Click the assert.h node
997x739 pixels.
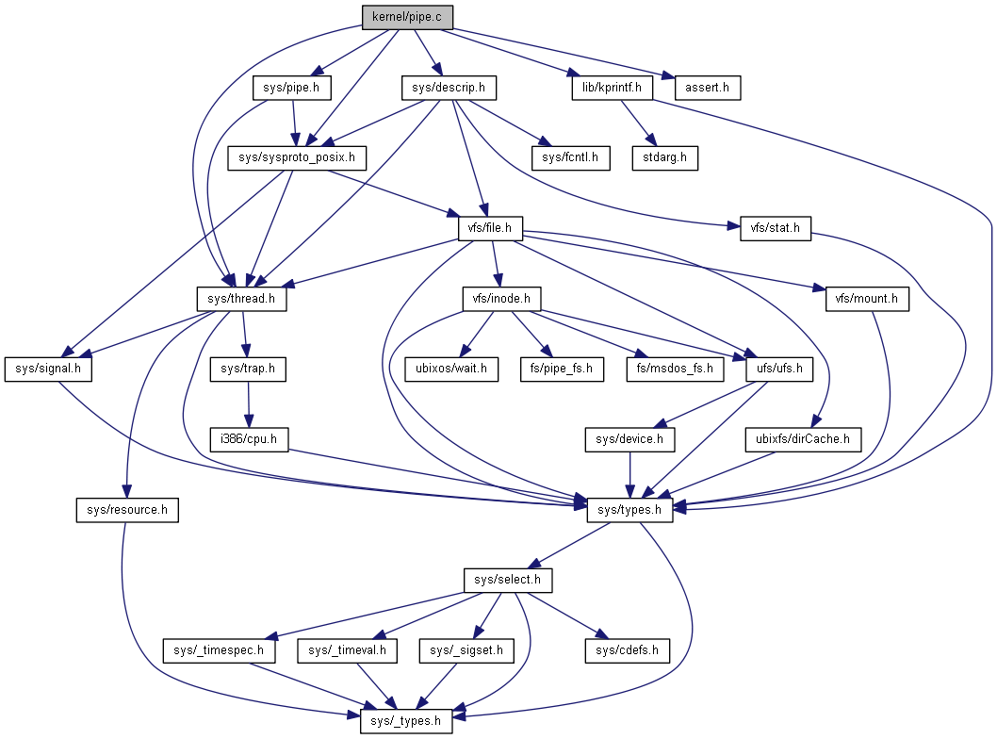coord(707,88)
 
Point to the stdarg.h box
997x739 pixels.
coord(664,157)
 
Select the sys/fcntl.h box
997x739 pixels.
coord(570,157)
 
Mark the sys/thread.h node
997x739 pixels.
coord(241,299)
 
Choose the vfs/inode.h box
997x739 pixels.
coord(501,299)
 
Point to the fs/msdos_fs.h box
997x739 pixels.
coord(675,369)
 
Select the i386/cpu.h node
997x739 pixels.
coord(249,439)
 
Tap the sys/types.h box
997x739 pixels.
coord(629,510)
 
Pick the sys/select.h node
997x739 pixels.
coord(508,580)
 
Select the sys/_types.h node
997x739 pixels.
coord(406,721)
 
